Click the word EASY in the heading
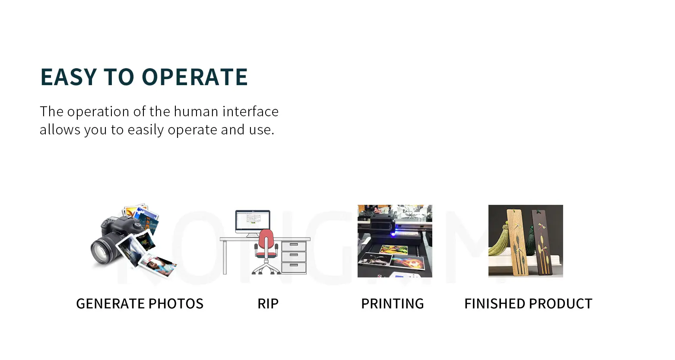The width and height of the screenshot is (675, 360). pos(68,77)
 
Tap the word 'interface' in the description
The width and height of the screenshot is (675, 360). pos(250,112)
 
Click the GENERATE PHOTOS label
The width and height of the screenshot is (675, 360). pos(139,304)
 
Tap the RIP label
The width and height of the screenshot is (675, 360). pos(268,304)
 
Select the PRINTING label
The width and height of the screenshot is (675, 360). pos(392,304)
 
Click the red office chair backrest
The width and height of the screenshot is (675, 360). pos(266,239)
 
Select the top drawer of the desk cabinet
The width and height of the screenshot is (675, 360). pos(294,246)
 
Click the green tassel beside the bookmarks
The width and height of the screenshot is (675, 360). pos(501,242)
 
